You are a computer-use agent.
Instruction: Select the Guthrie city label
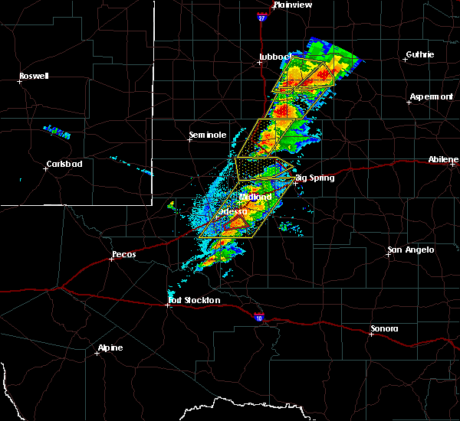[x=419, y=54]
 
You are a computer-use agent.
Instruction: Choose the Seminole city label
[x=208, y=135]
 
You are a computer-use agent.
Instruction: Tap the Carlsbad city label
[x=64, y=164]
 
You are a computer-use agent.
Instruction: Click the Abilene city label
[x=444, y=159]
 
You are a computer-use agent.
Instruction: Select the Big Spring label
[x=315, y=178]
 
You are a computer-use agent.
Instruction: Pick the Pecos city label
[x=123, y=253]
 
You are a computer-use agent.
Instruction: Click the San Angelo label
[x=410, y=250]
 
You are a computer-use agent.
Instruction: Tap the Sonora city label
[x=384, y=328]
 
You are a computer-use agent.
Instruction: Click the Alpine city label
[x=110, y=348]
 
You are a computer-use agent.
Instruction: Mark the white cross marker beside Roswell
[x=18, y=82]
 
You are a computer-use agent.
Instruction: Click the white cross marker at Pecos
[x=112, y=259]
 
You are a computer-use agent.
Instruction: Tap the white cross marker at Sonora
[x=371, y=335]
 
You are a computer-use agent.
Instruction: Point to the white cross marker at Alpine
[x=97, y=354]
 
